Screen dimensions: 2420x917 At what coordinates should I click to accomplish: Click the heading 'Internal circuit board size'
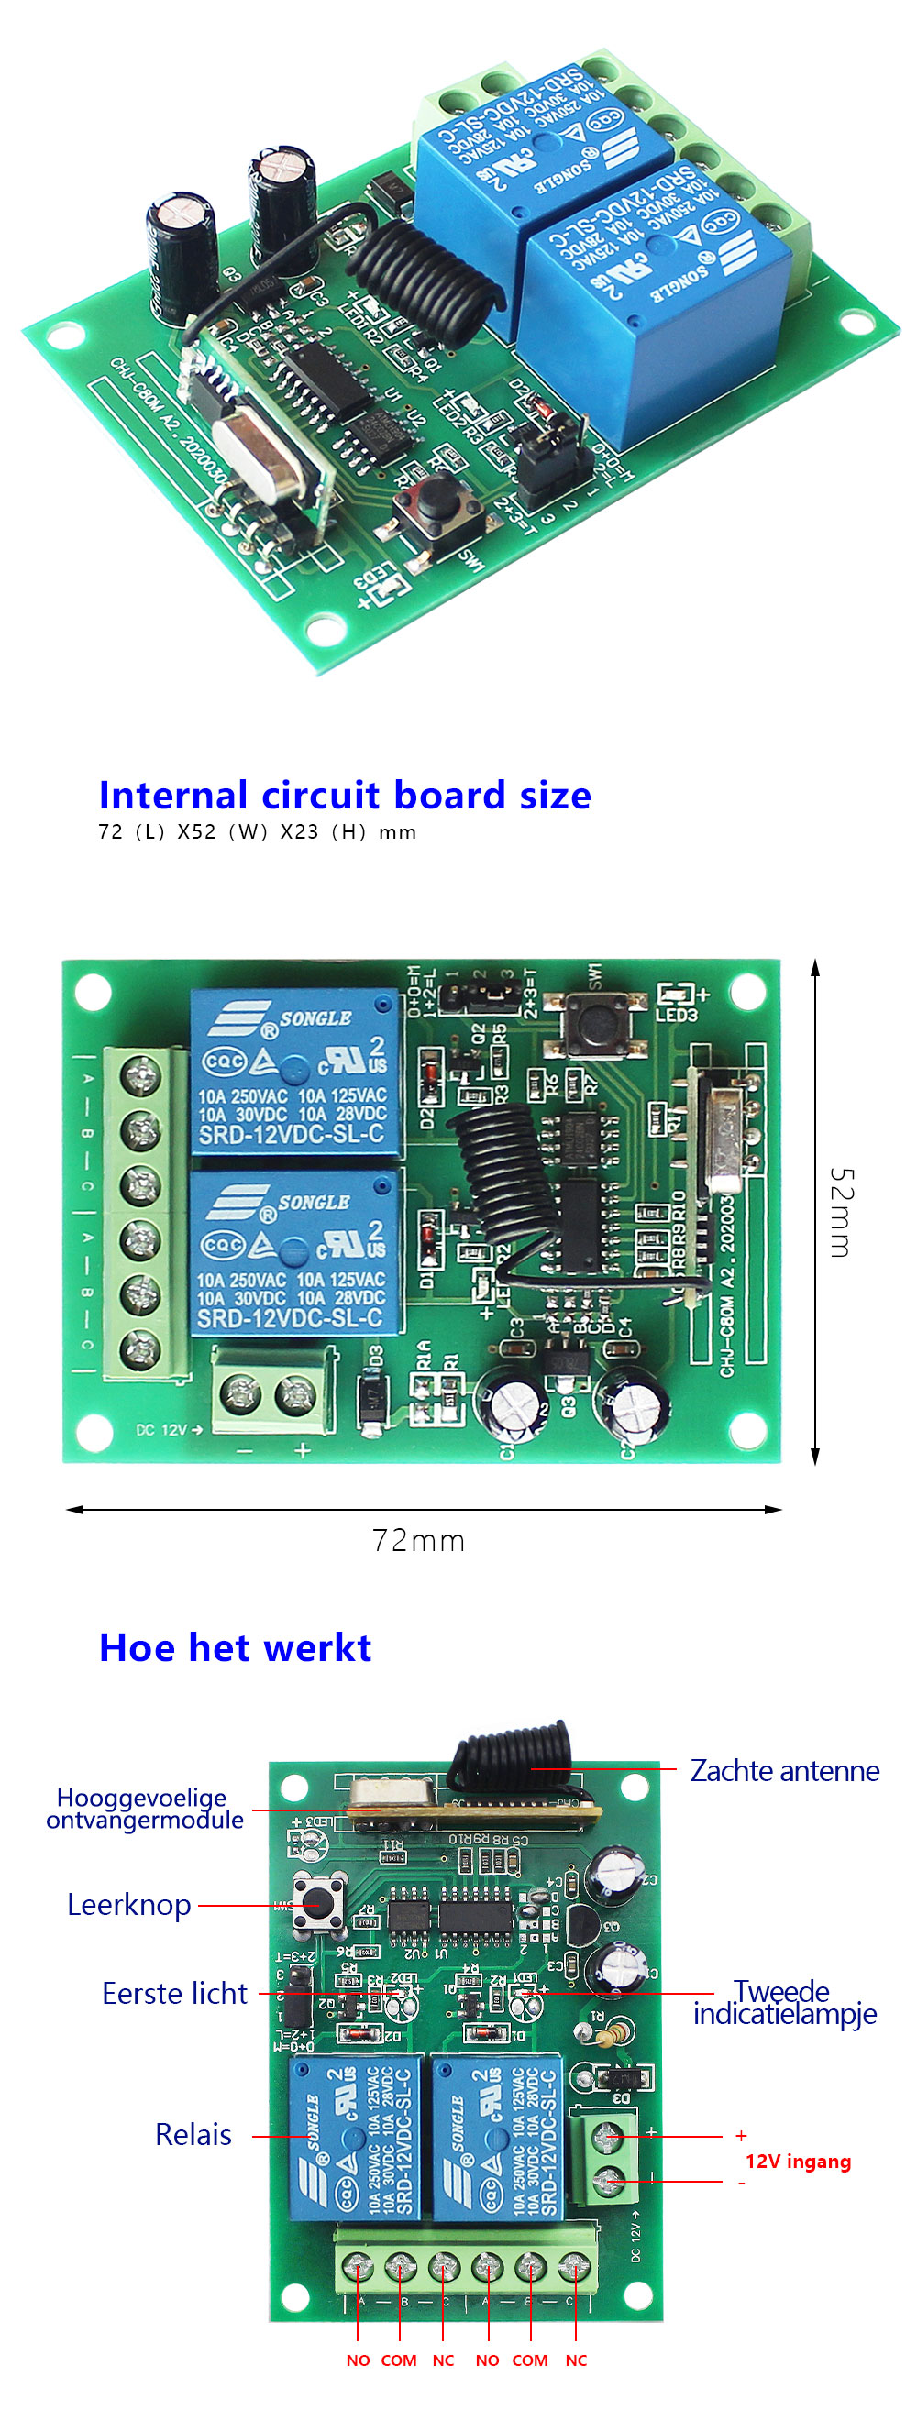(x=345, y=796)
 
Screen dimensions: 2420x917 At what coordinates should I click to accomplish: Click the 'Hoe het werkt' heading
(x=235, y=1648)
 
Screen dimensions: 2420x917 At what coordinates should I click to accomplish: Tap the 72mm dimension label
(x=418, y=1542)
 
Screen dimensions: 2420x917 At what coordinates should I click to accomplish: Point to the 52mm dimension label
(x=842, y=1212)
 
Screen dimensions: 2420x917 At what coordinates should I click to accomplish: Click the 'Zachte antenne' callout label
(x=785, y=1771)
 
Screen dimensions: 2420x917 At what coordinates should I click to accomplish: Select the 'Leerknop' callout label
(x=128, y=1905)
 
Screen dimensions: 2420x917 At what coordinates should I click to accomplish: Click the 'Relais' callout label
(x=193, y=2134)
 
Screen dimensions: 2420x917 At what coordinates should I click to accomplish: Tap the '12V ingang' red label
(x=798, y=2161)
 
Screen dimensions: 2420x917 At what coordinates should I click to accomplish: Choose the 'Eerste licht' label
(x=174, y=1994)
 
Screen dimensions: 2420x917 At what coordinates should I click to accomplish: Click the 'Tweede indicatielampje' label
(x=785, y=2002)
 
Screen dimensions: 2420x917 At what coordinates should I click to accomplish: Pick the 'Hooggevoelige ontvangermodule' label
(x=144, y=1809)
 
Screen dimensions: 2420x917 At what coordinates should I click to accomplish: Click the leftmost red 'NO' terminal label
(x=358, y=2359)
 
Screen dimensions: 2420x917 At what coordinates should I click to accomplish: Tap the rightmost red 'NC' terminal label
(x=576, y=2359)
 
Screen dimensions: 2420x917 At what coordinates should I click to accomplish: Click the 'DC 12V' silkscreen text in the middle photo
(x=167, y=1430)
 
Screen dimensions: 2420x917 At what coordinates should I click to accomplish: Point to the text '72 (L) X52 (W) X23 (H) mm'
(x=257, y=832)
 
